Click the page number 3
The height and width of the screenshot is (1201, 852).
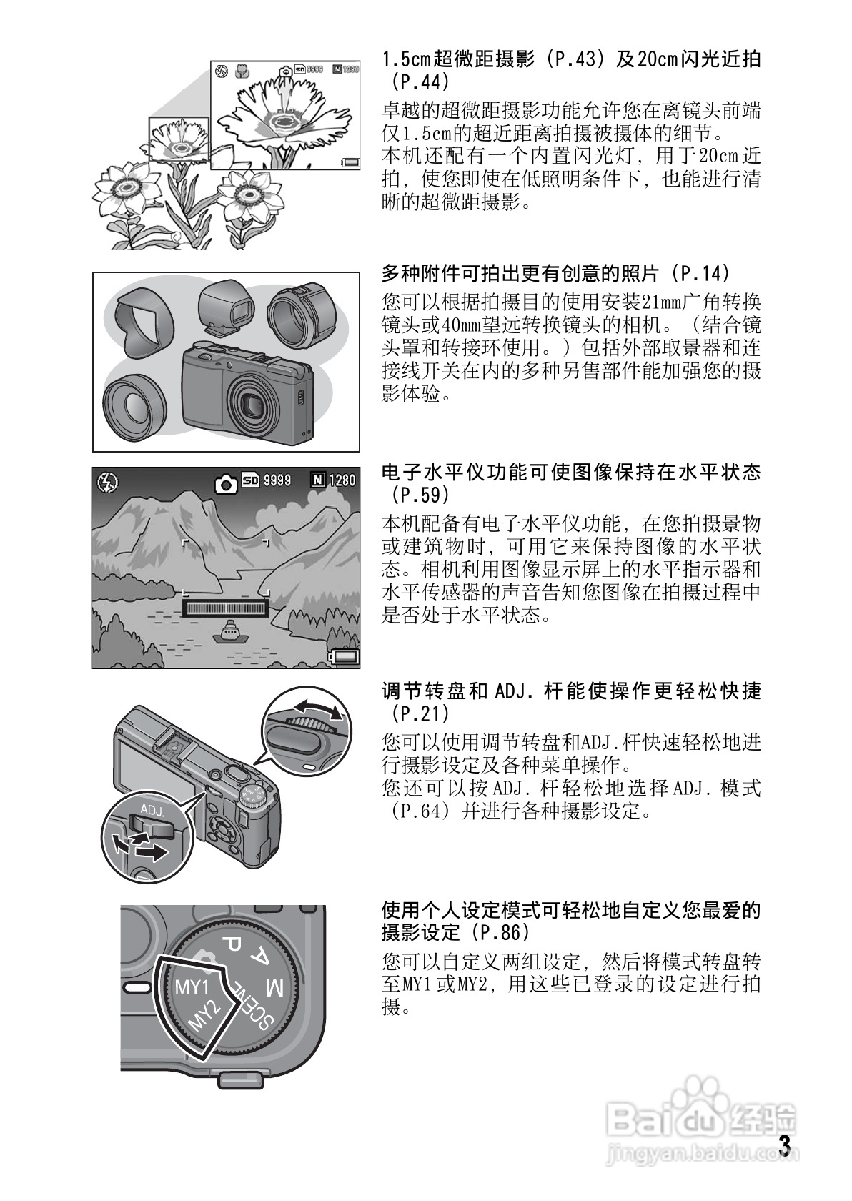785,1145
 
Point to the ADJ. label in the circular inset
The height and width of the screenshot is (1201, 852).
152,811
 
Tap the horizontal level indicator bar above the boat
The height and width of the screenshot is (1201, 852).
226,608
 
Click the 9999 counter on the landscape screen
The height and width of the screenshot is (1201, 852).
277,480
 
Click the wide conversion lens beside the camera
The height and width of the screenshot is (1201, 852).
134,408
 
